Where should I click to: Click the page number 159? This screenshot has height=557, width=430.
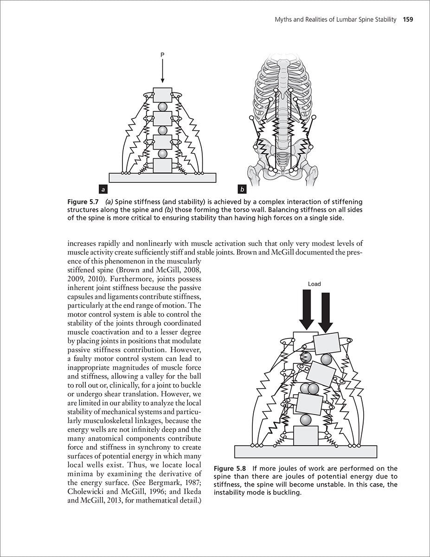pyautogui.click(x=408, y=19)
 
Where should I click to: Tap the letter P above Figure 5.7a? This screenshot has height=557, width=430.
pyautogui.click(x=162, y=55)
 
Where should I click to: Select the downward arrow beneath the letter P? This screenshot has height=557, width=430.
pyautogui.click(x=162, y=72)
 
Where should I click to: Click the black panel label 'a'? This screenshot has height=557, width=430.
pyautogui.click(x=104, y=189)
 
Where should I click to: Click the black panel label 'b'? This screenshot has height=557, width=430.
pyautogui.click(x=242, y=189)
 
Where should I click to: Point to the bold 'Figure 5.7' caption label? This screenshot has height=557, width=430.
pyautogui.click(x=83, y=202)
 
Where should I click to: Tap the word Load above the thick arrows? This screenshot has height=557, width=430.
pyautogui.click(x=314, y=284)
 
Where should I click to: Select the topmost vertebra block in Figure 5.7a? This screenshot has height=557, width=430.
pyautogui.click(x=162, y=95)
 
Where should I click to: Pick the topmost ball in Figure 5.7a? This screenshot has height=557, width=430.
pyautogui.click(x=162, y=107)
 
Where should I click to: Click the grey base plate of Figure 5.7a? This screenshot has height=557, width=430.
pyautogui.click(x=162, y=177)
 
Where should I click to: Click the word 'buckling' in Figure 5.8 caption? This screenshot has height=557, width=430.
pyautogui.click(x=287, y=493)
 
